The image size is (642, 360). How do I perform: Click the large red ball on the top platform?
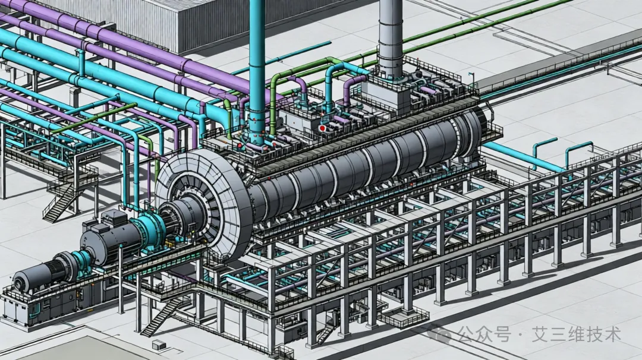click(x=322, y=128)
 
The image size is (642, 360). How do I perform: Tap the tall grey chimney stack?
click(x=391, y=39)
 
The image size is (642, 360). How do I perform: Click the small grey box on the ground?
click(x=159, y=345)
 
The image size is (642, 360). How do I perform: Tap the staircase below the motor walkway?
click(x=164, y=315)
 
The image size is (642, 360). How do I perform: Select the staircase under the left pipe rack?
click(x=59, y=203)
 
